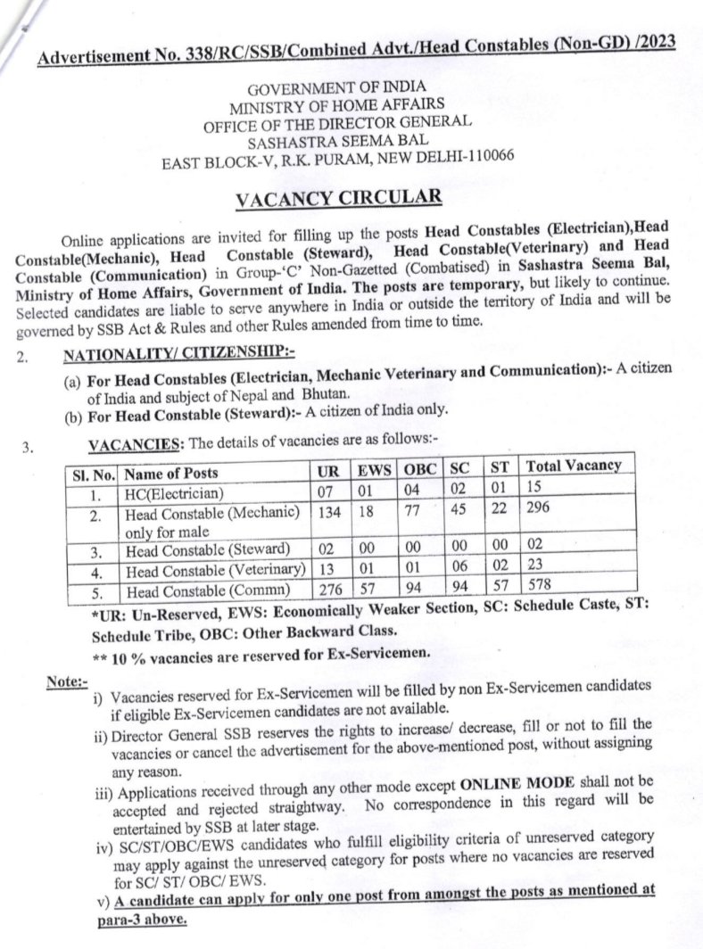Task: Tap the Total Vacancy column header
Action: pyautogui.click(x=574, y=466)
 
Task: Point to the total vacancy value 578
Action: pyautogui.click(x=540, y=587)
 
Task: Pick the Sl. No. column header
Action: pyautogui.click(x=93, y=473)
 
